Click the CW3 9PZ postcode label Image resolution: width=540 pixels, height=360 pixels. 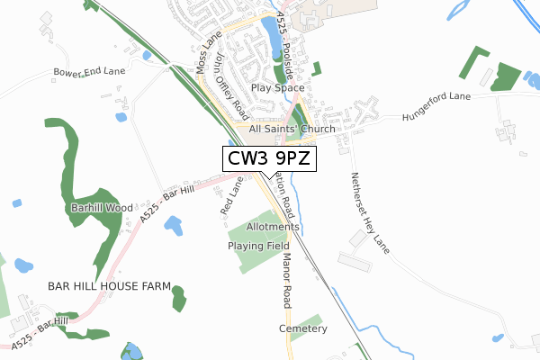[x=269, y=159]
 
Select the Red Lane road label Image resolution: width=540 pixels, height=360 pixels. [x=230, y=195]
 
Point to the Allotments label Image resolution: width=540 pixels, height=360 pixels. [x=271, y=227]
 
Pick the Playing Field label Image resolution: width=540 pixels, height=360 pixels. [x=257, y=246]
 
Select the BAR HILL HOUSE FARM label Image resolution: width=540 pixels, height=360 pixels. [x=110, y=286]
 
